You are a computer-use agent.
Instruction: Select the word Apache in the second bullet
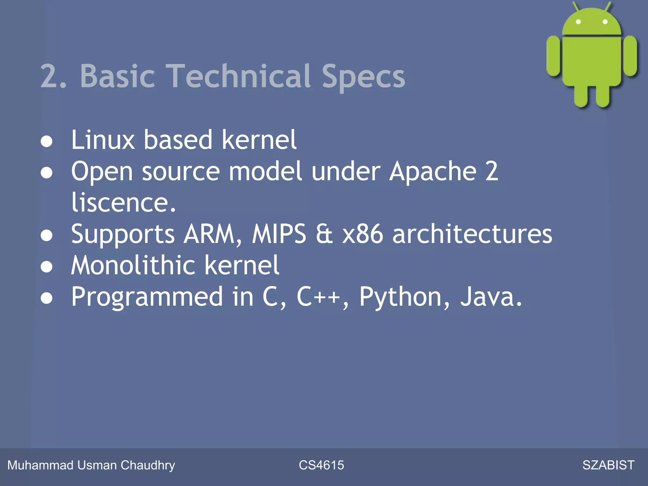coord(433,171)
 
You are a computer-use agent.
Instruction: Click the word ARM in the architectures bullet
coord(213,234)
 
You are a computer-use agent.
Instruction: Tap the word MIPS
coord(279,234)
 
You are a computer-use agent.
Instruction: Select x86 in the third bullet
coord(363,234)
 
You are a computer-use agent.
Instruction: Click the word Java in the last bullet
coord(491,297)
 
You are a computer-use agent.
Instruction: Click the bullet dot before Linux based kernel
coord(47,141)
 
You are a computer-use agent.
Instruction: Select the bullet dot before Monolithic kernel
coord(47,267)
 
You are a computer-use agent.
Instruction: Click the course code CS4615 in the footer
coord(321,465)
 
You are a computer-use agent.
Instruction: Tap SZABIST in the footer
coord(608,465)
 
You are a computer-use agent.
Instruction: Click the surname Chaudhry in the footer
coord(148,465)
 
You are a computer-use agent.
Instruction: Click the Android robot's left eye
coord(578,22)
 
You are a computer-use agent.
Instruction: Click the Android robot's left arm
coord(553,56)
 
